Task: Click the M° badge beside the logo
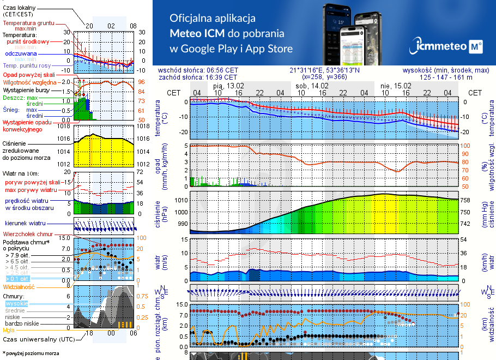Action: coord(475,47)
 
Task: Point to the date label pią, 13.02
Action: coord(228,86)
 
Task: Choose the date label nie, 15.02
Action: coord(395,86)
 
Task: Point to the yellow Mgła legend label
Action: coord(9,330)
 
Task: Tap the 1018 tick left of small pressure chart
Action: coord(64,126)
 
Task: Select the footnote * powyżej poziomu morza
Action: coord(31,353)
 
